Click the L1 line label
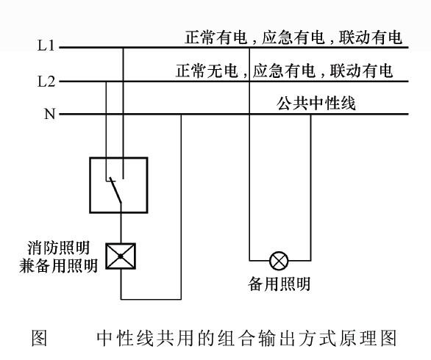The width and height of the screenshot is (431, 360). tap(46, 46)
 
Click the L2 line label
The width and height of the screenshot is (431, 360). tap(46, 80)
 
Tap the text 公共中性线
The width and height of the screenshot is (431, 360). tap(317, 104)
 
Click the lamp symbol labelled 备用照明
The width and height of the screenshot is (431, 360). tap(279, 259)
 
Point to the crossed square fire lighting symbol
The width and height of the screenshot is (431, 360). tap(117, 256)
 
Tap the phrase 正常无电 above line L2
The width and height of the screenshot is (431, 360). tap(201, 71)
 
